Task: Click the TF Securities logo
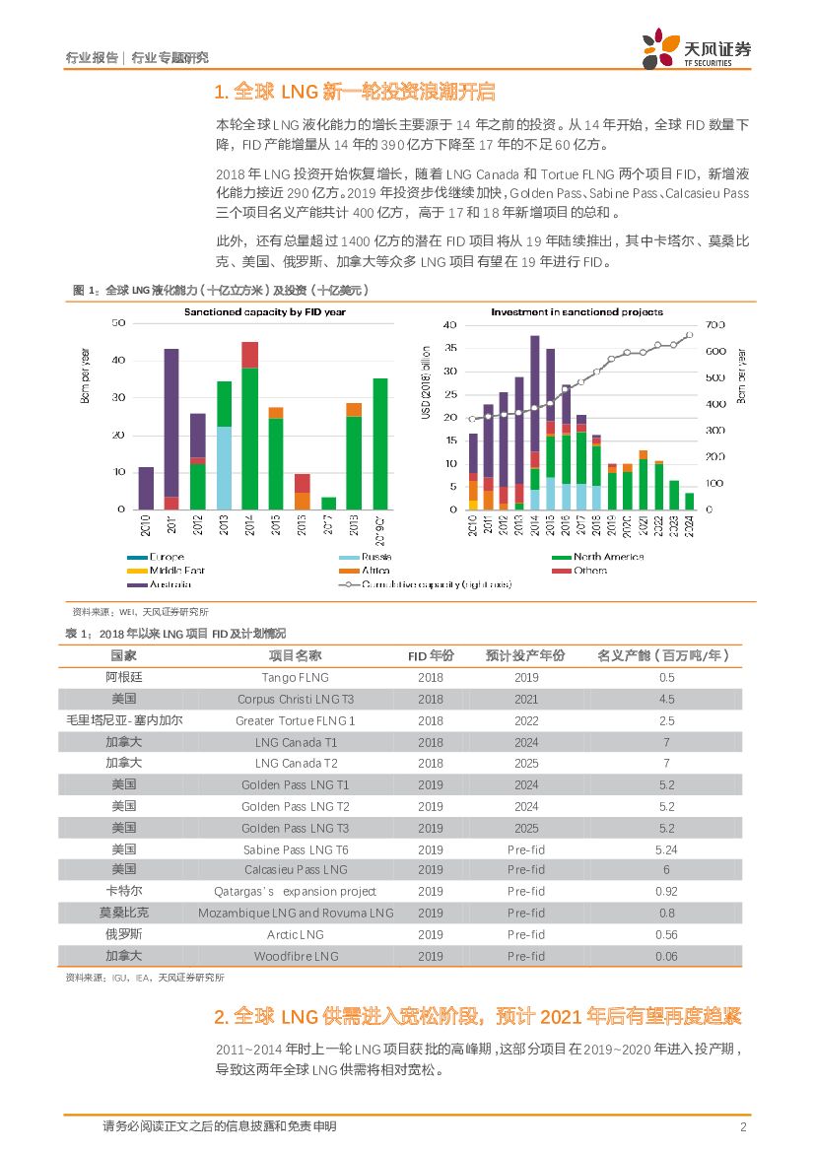coord(696,48)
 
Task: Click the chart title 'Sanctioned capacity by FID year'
coord(264,311)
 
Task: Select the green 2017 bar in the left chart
coord(328,503)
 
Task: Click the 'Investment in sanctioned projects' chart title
coord(577,311)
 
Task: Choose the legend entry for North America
coord(600,557)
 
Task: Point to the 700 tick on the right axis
coord(714,324)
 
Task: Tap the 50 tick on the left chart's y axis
coord(118,323)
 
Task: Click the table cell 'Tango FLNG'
coord(295,677)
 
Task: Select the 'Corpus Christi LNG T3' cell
coord(295,699)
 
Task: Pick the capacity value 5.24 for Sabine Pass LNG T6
coord(666,848)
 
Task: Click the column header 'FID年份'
coord(431,655)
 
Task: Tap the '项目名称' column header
coord(295,655)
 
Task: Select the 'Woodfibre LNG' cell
coord(295,956)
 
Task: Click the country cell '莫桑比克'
coord(124,913)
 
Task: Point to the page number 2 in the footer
coord(743,1126)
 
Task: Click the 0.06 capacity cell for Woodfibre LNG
coord(666,956)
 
